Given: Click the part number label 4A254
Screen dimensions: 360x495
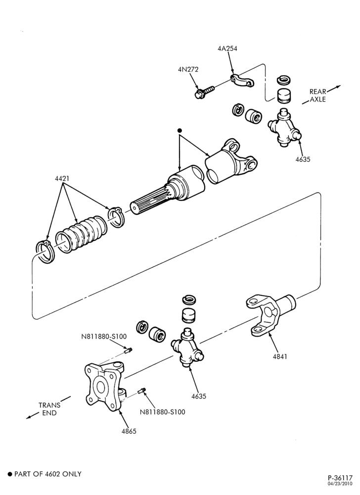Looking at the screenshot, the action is (x=227, y=49).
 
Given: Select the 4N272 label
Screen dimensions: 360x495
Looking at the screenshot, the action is (x=188, y=69).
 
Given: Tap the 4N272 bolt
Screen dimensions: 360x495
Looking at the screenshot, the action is (x=204, y=92).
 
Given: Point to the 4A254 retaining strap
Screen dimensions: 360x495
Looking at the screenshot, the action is (x=242, y=81).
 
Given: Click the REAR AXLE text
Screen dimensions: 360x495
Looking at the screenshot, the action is (x=317, y=96).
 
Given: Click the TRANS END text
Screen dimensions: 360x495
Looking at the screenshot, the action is (x=49, y=409).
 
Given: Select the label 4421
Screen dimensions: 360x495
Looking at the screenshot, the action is (x=62, y=179).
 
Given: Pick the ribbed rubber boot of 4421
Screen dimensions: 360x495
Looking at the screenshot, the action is (x=81, y=234).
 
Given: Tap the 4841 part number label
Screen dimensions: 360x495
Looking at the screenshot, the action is (x=280, y=357).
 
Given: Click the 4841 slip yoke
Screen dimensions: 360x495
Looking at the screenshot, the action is (x=270, y=314).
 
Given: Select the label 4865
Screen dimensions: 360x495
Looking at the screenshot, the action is (x=129, y=431).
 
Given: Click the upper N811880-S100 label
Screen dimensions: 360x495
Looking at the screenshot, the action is (x=104, y=337).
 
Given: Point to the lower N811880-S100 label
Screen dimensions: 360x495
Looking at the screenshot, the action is (x=163, y=412).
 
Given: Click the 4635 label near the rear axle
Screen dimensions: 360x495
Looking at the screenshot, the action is (x=303, y=159).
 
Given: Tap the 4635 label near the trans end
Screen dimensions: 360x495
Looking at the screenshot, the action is (x=199, y=396).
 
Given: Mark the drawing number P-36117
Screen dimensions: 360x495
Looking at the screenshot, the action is (x=340, y=478).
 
